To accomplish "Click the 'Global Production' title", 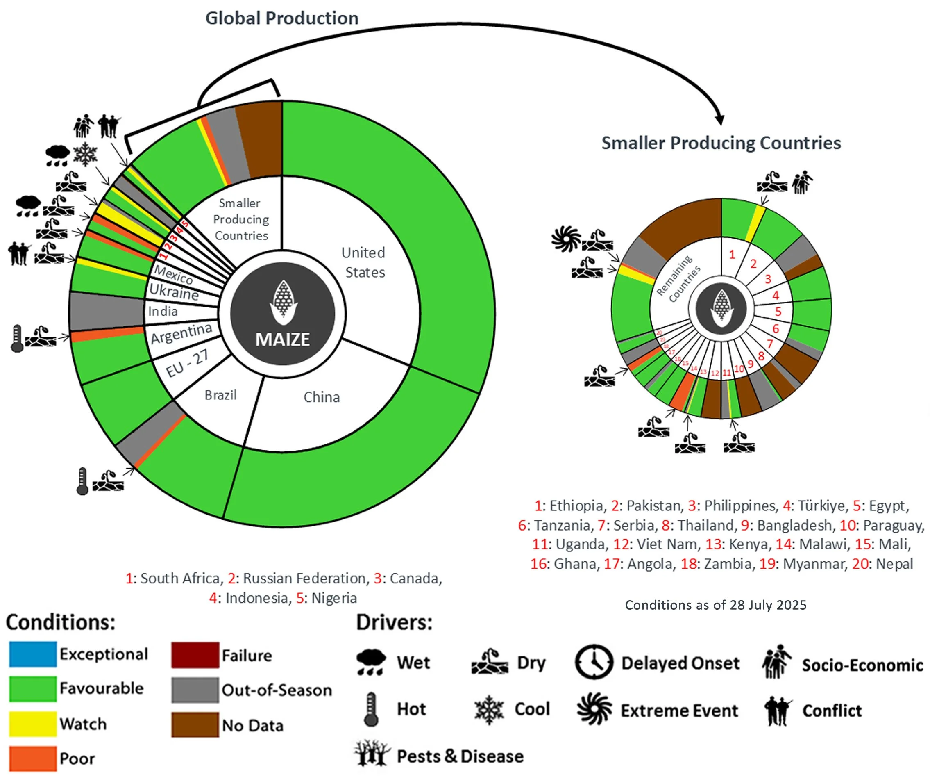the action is [x=281, y=18].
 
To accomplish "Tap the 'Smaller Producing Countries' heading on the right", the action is [x=721, y=143].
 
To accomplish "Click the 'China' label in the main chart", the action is [x=322, y=397].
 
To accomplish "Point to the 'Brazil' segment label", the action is [x=220, y=395].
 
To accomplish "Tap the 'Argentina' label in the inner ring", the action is [x=181, y=333].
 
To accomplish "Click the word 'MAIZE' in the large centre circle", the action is [x=282, y=339].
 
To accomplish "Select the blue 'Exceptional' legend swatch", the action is [x=33, y=654].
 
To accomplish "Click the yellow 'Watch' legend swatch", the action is [x=33, y=724].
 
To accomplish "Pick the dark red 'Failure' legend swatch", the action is [x=195, y=655].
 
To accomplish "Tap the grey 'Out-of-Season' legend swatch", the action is [x=195, y=690].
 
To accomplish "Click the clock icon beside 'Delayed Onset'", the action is [x=594, y=663].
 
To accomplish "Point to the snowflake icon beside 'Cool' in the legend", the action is [x=488, y=709].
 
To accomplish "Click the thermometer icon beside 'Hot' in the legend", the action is [x=371, y=709].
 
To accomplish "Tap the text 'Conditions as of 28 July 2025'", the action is [x=715, y=605].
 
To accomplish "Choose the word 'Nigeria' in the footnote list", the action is [x=334, y=598].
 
